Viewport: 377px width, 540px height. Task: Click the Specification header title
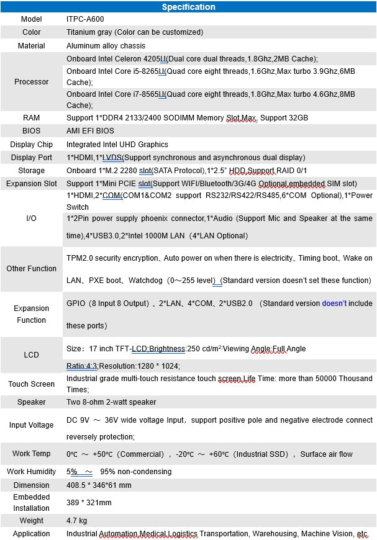click(188, 7)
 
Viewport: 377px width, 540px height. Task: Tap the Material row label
click(31, 46)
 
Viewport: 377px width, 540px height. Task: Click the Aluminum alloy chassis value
click(106, 46)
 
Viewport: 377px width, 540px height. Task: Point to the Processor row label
click(31, 82)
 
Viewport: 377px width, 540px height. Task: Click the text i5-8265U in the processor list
click(148, 71)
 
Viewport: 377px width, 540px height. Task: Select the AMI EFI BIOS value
click(90, 131)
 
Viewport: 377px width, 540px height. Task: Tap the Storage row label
click(31, 171)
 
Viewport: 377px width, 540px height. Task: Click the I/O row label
click(31, 218)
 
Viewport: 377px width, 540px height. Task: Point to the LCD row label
click(31, 355)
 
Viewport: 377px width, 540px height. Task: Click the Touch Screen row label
click(31, 384)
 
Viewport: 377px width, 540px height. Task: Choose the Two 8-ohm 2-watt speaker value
click(111, 402)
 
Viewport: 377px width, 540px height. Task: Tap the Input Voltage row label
click(31, 425)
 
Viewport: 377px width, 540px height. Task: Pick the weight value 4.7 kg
click(77, 520)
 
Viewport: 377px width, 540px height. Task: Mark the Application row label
click(31, 534)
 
